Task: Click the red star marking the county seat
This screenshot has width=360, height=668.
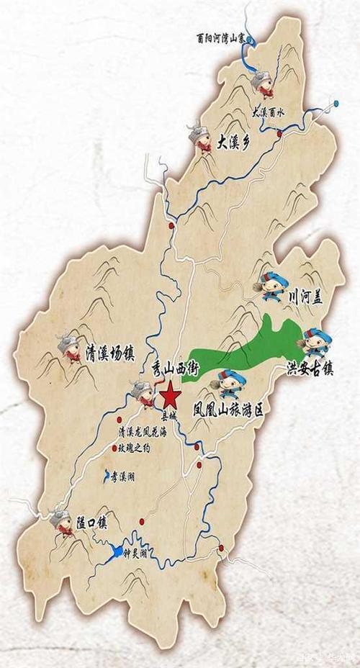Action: [x=171, y=394]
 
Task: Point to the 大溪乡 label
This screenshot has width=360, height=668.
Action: [x=233, y=141]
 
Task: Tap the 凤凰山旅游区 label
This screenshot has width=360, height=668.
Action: [x=228, y=411]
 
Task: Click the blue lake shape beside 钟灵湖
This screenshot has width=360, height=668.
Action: [x=115, y=553]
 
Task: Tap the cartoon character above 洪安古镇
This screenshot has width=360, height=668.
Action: [x=315, y=341]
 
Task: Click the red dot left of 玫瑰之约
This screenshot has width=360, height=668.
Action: [x=114, y=448]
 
